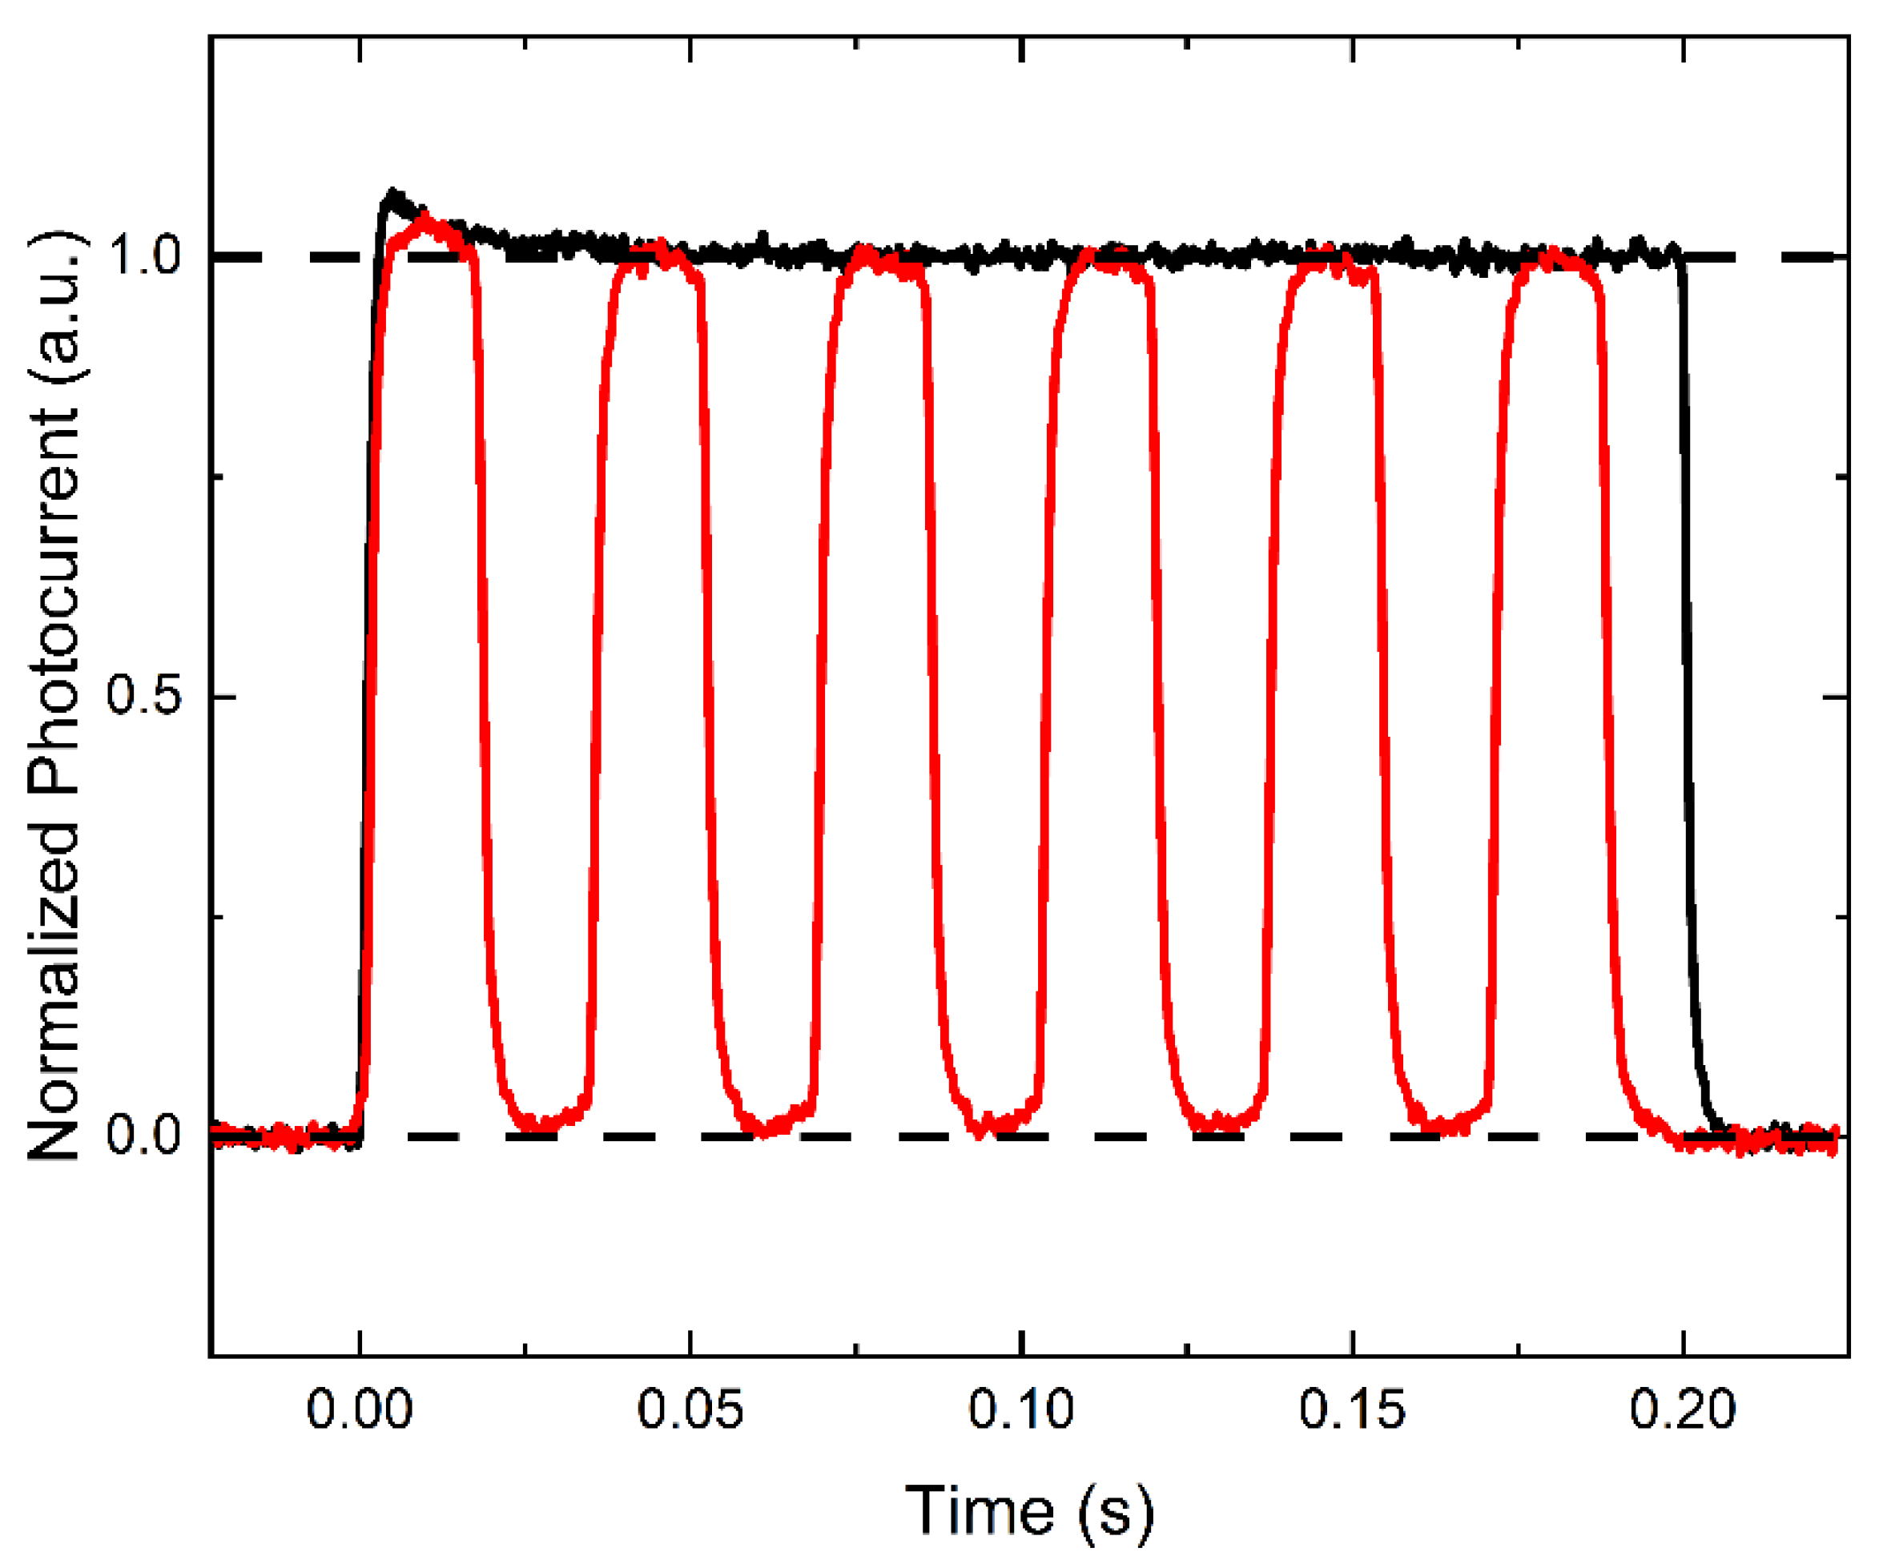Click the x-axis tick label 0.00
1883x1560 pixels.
tap(359, 1409)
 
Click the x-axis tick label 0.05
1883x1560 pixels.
tap(690, 1409)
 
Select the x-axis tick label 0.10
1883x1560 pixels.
tap(1020, 1409)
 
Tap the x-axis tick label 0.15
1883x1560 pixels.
tap(1351, 1409)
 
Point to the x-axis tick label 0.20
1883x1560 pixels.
tap(1682, 1409)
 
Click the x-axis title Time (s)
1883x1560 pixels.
tap(1028, 1513)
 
